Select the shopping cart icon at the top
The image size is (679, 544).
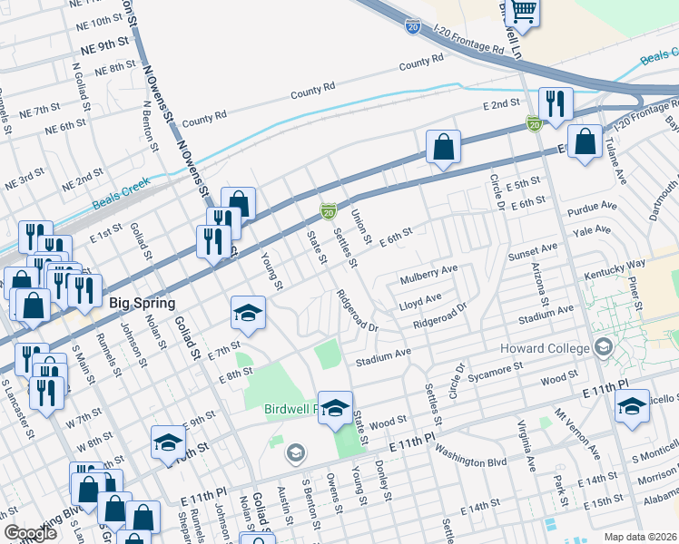point(522,13)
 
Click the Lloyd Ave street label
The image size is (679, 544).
point(420,298)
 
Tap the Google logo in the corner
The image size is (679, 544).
point(30,533)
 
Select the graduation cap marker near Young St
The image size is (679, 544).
point(247,314)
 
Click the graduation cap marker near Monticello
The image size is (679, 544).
point(632,406)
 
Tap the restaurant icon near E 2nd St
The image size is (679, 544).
point(553,104)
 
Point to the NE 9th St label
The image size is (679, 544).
point(104,42)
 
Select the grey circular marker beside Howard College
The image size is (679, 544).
point(604,348)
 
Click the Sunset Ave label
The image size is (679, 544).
point(532,250)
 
